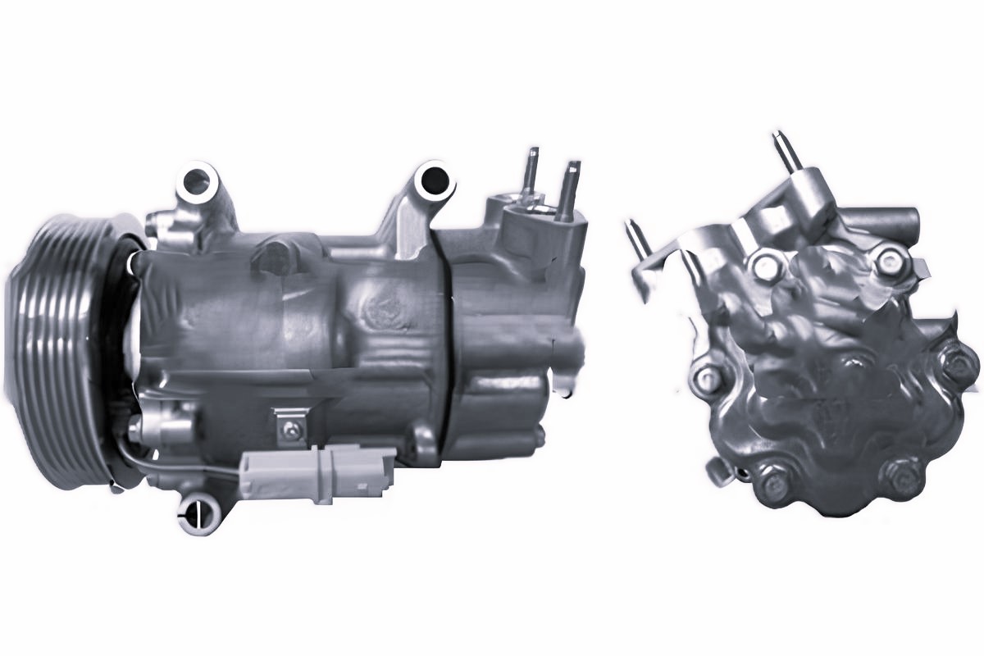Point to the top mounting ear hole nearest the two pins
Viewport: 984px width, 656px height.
(432, 180)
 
